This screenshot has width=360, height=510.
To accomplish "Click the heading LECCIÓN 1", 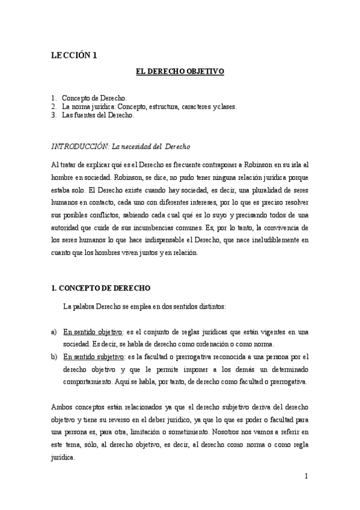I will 73,55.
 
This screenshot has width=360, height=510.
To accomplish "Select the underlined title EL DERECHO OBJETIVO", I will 180,72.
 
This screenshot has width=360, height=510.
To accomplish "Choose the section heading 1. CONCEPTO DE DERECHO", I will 100,288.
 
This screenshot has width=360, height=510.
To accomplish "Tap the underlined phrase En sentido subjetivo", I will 94,356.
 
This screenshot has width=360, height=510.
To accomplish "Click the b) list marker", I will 54,356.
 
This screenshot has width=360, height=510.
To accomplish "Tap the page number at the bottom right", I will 307,476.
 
